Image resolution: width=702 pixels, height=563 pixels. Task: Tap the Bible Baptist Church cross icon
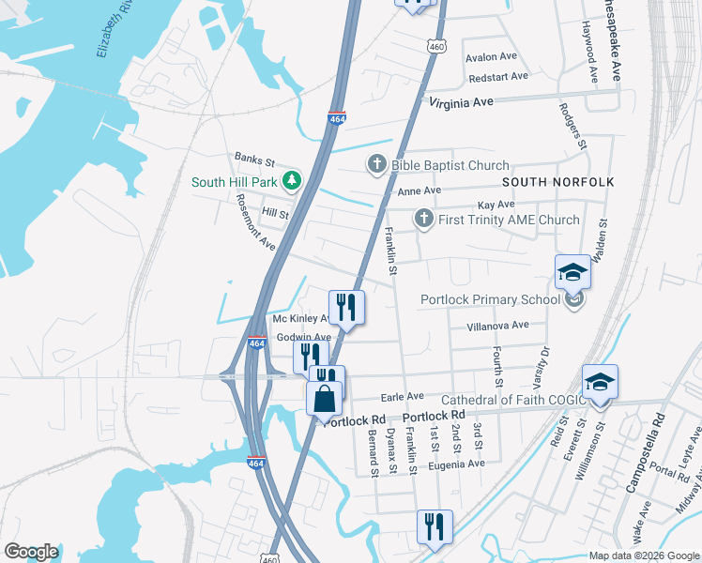[x=376, y=166]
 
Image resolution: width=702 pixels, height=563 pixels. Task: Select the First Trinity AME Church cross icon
[x=423, y=221]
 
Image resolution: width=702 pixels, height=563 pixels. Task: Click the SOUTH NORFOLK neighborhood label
[x=557, y=181]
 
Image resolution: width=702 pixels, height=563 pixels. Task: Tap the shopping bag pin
[x=324, y=399]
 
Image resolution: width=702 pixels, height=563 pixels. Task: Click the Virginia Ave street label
[x=461, y=103]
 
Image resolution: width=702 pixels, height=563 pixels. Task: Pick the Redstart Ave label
[x=498, y=76]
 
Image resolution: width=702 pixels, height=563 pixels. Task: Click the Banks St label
[x=253, y=160]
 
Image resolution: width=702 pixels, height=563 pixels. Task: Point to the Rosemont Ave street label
[x=255, y=222]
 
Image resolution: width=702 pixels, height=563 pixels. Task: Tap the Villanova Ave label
[x=498, y=326]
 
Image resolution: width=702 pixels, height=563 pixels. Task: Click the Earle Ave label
[x=402, y=396]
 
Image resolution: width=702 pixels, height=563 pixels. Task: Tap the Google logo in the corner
[x=31, y=552]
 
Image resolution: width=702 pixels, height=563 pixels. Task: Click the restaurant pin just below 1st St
[x=435, y=526]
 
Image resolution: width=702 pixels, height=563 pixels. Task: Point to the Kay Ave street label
[x=496, y=205]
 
